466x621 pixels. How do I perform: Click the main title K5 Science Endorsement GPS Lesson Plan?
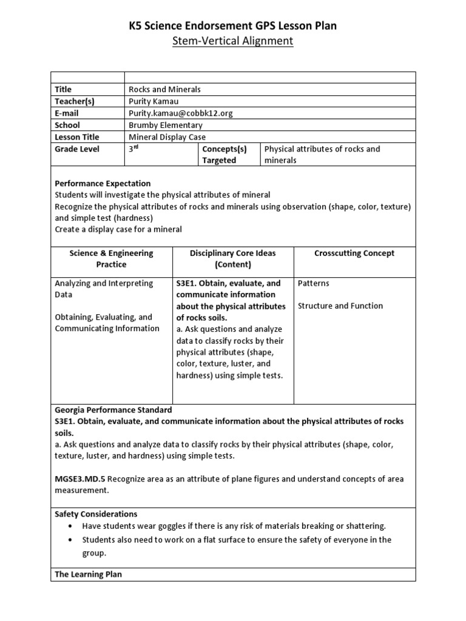click(x=233, y=25)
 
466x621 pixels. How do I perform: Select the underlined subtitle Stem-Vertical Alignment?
click(x=233, y=41)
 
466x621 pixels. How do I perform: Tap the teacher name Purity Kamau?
click(x=154, y=101)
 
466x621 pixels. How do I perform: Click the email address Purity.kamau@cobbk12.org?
click(x=180, y=113)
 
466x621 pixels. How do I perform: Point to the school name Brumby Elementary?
click(x=166, y=125)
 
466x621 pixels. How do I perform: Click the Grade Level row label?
click(x=77, y=149)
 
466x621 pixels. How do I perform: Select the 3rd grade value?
click(x=133, y=149)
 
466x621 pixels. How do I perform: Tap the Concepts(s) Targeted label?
click(x=224, y=155)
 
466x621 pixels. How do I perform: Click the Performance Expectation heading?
click(x=103, y=183)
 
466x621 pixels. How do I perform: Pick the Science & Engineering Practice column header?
click(x=111, y=259)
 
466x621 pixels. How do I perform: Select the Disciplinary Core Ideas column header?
click(x=232, y=259)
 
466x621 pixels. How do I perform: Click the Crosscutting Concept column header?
click(x=355, y=253)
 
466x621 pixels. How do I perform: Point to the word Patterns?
click(x=314, y=283)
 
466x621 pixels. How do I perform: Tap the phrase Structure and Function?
click(x=340, y=306)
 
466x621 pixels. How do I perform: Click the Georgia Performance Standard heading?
click(x=113, y=410)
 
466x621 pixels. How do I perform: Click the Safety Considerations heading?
click(x=96, y=514)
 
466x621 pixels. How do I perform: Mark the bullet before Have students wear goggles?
click(x=73, y=526)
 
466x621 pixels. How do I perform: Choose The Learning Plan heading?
click(x=88, y=574)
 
